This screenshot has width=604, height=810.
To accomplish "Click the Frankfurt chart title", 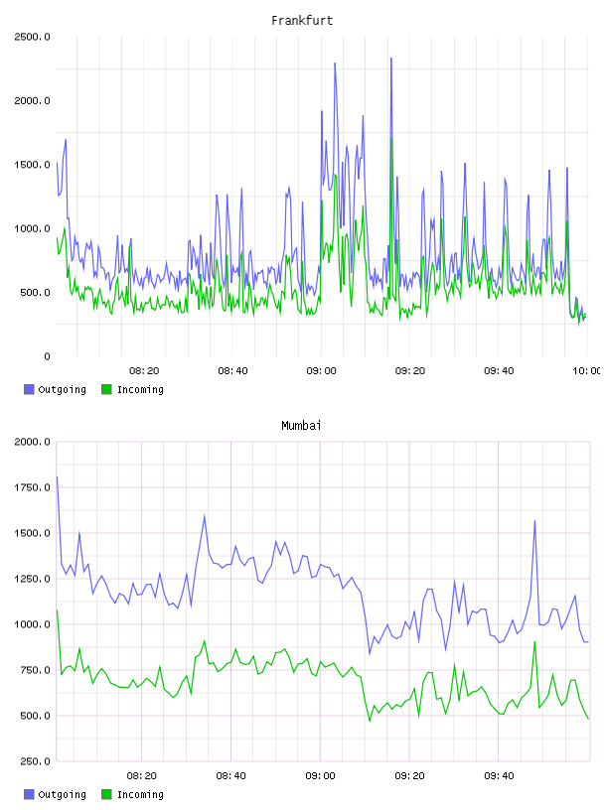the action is click(302, 21).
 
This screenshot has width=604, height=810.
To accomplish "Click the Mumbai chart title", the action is click(301, 426).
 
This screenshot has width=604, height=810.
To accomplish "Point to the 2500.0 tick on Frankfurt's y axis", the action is click(32, 37).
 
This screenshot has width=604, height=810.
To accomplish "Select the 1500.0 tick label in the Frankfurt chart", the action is click(32, 165).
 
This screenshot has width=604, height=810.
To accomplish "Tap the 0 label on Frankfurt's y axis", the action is click(47, 356).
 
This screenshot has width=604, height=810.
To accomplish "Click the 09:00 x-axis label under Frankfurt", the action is click(321, 371).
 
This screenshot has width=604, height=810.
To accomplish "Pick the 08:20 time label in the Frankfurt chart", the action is click(144, 371).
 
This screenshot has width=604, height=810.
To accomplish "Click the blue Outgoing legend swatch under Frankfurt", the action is click(29, 389).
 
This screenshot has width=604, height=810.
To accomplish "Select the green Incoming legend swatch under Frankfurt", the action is click(106, 389).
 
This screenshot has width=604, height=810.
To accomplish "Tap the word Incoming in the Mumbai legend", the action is click(140, 794).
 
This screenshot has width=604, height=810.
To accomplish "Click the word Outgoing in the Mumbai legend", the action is click(62, 794).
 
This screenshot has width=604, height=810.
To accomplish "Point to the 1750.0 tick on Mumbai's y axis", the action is click(32, 487).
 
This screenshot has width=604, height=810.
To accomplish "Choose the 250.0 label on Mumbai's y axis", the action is click(35, 761).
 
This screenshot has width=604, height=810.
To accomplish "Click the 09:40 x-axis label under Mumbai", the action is click(499, 776).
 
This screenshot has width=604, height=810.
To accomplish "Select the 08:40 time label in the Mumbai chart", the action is click(231, 776).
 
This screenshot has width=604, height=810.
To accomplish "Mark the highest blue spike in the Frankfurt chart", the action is click(391, 59).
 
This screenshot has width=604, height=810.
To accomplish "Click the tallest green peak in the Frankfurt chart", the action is click(391, 138).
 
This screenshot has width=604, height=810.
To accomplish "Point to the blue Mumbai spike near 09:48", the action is click(534, 521).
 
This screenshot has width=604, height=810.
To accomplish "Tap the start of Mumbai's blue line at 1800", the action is click(57, 476).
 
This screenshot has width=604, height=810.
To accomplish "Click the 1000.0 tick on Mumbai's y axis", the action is click(32, 624).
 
